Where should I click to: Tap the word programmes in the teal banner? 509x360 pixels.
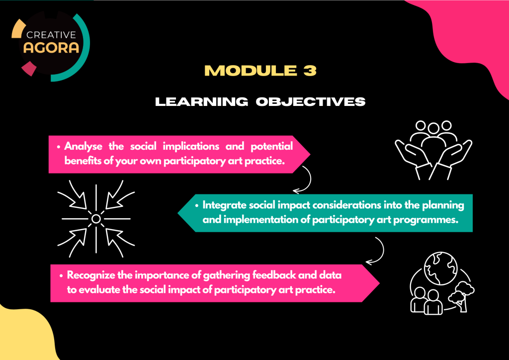tap(428, 219)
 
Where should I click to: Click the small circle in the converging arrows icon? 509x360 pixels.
tap(96, 218)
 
